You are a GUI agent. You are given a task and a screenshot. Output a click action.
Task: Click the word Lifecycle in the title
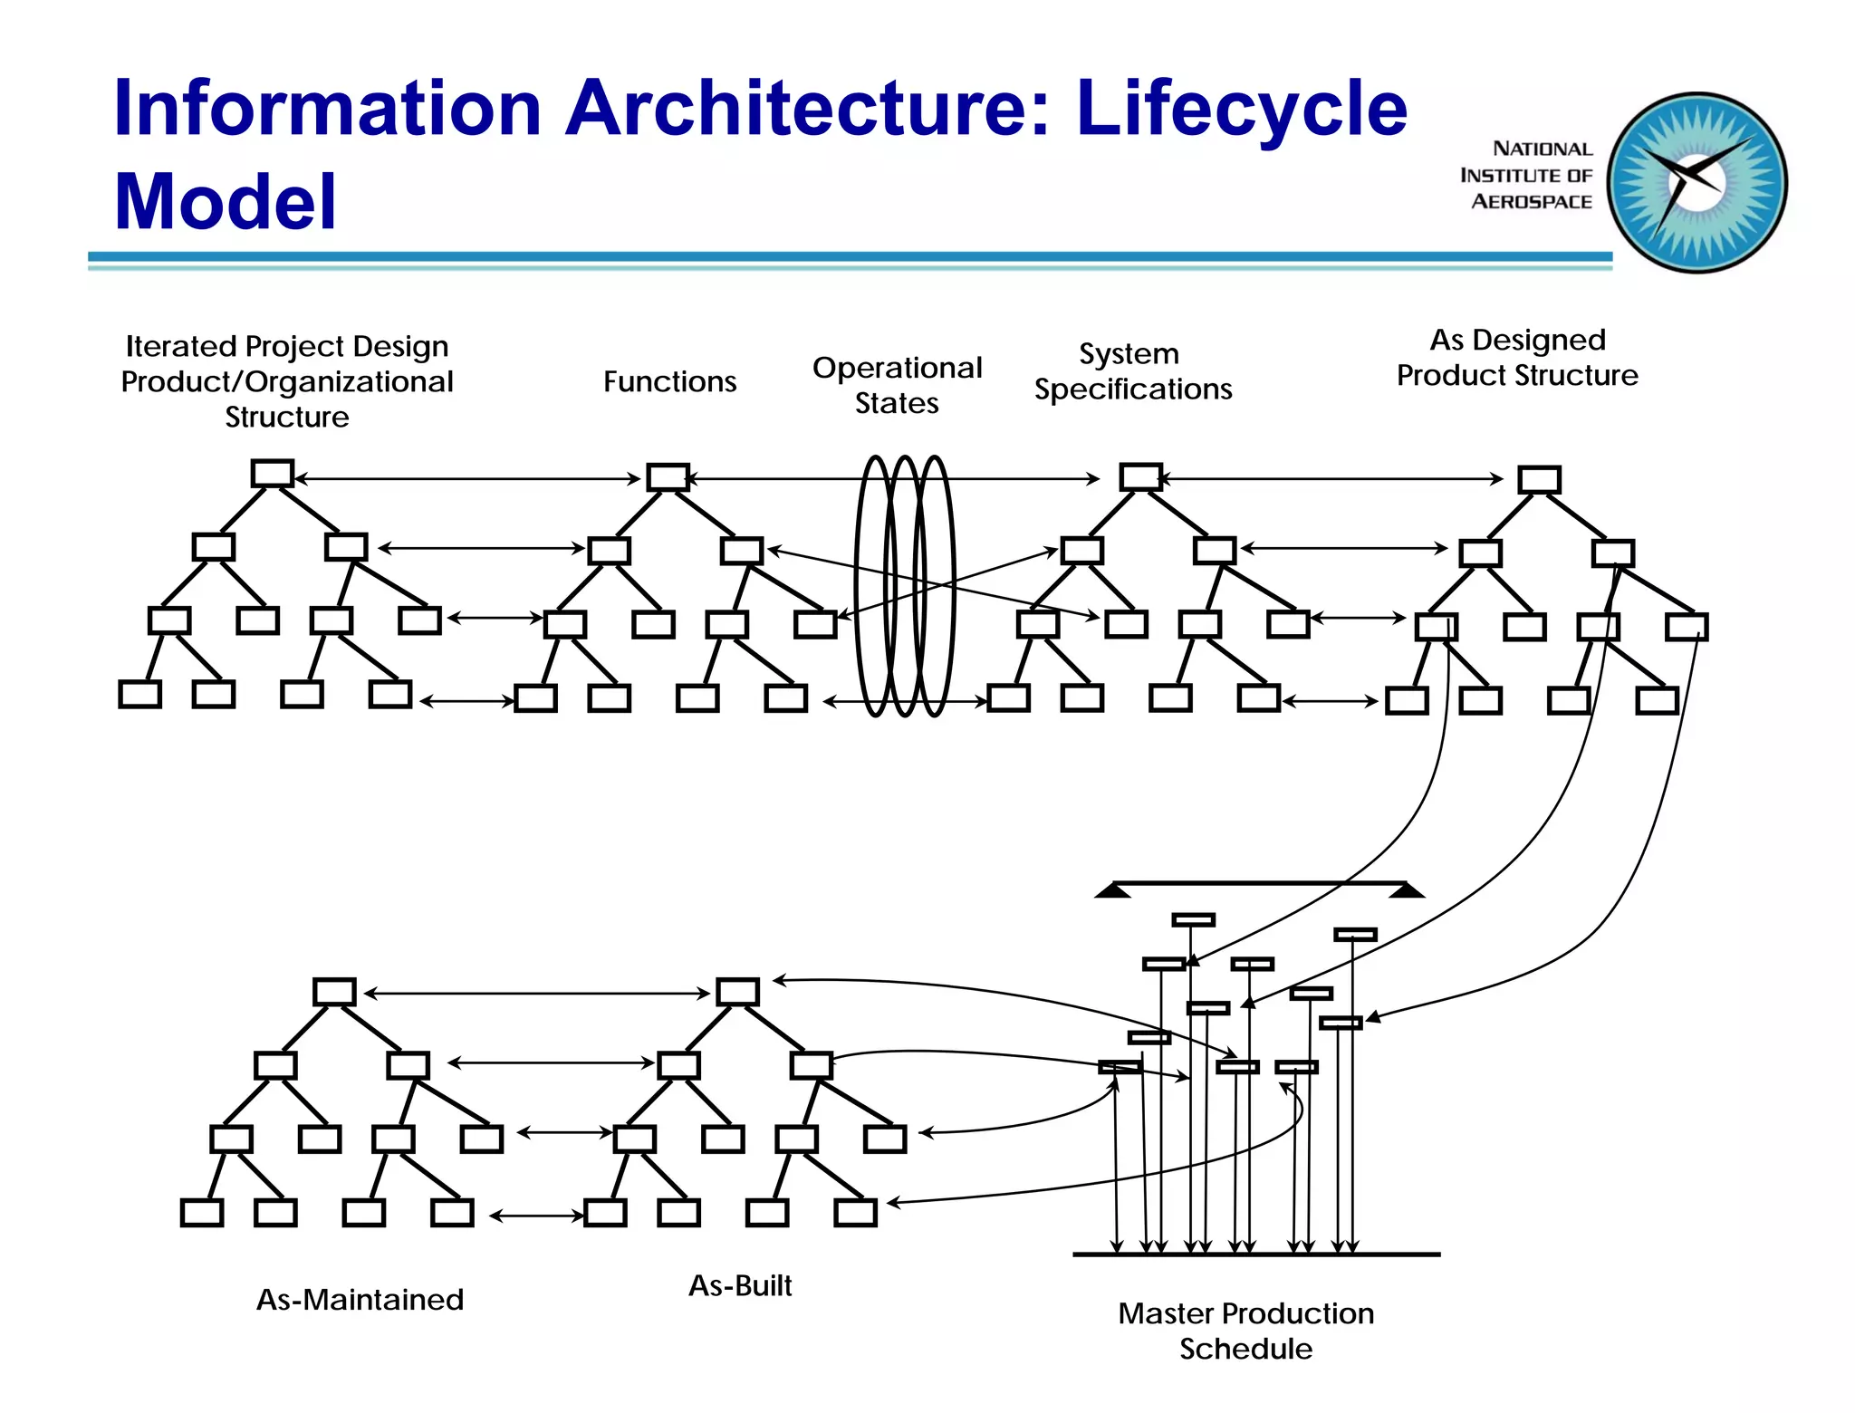(1241, 109)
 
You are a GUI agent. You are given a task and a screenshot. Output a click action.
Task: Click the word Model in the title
(225, 201)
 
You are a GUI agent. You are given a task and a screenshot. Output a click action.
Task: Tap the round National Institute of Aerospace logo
(1696, 182)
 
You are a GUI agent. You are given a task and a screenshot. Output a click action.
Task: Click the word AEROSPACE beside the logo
(1531, 202)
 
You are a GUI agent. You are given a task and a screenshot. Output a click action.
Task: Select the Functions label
(669, 381)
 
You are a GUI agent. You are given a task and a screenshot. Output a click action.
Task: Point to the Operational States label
(897, 385)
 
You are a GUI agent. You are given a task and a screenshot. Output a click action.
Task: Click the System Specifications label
(1132, 371)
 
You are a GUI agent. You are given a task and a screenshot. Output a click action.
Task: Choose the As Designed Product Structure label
(1517, 358)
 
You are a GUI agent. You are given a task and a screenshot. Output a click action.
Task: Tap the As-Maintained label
(360, 1300)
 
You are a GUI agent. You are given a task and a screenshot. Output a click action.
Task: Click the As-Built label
(740, 1285)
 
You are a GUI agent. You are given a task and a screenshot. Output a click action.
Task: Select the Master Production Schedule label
(1245, 1331)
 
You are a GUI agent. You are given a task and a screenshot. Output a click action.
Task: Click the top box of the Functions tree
(668, 477)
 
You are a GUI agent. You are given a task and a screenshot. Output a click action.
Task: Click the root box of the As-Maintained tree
(334, 992)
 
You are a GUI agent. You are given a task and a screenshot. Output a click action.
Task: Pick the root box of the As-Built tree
(737, 992)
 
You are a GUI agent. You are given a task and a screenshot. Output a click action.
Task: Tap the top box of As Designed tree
(1539, 479)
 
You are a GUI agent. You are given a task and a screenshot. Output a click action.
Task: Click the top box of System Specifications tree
(1140, 476)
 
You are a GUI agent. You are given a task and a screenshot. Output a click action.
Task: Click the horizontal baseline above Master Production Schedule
(1255, 1254)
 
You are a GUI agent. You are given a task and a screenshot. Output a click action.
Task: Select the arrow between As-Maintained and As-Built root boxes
(536, 994)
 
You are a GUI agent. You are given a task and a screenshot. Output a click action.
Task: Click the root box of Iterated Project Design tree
(272, 474)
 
